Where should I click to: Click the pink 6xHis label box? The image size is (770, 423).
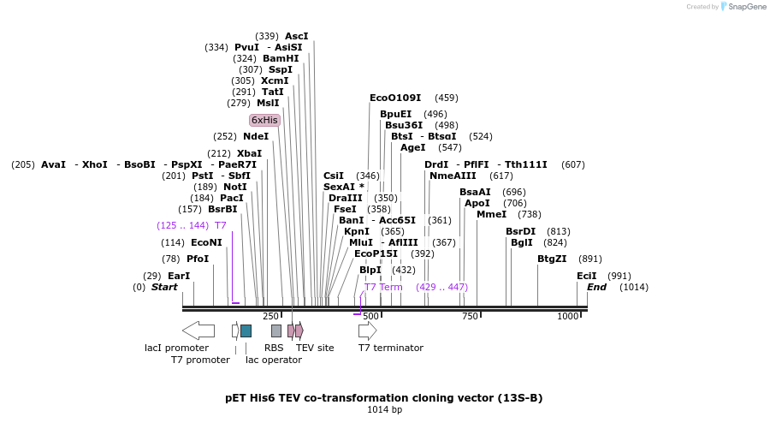click(x=264, y=120)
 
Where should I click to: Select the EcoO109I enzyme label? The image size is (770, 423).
click(x=395, y=98)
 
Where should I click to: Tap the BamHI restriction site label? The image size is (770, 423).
click(x=281, y=59)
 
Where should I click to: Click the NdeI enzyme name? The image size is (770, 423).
click(x=256, y=136)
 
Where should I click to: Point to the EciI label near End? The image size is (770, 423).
click(x=586, y=276)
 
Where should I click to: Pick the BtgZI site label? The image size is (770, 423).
click(x=552, y=259)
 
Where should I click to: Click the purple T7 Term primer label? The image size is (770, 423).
click(x=383, y=287)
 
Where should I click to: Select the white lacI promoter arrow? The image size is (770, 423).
click(x=198, y=331)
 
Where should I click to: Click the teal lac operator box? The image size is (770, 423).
click(x=246, y=331)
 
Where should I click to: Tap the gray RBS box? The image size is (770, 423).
click(x=276, y=331)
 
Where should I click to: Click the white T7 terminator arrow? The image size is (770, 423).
click(x=367, y=331)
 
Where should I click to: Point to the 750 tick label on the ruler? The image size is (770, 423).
click(x=470, y=317)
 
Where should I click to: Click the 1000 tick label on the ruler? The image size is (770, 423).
click(x=568, y=317)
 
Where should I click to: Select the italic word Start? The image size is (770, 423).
click(x=164, y=287)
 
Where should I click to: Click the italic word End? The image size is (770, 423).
click(x=596, y=287)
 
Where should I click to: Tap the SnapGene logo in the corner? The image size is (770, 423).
click(x=742, y=7)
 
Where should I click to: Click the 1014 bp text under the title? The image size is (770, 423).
click(x=384, y=410)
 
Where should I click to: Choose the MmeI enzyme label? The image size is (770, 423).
click(x=491, y=214)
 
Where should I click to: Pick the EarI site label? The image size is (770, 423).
click(x=179, y=276)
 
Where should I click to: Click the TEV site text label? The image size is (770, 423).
click(x=315, y=348)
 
